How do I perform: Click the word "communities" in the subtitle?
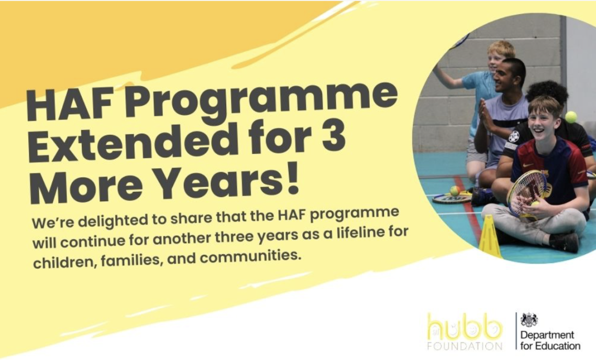tap(250, 257)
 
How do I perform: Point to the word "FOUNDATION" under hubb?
tap(465, 346)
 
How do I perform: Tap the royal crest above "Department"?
tap(529, 320)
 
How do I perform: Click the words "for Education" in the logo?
tap(550, 346)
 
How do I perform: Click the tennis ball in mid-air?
tap(571, 117)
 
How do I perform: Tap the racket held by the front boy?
tap(527, 192)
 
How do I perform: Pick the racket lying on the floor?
tap(451, 198)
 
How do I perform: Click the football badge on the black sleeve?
tap(514, 136)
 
